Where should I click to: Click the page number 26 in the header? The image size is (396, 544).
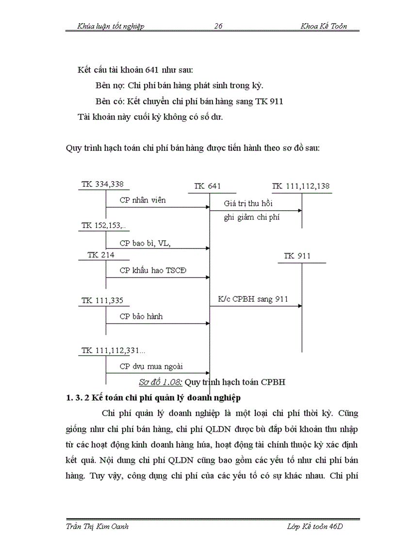pos(218,26)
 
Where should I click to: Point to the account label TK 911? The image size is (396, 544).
pos(297,256)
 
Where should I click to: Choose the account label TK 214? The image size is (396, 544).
pos(101,255)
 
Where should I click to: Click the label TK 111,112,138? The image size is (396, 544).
pos(301,186)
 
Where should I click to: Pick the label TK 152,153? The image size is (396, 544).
pos(103,225)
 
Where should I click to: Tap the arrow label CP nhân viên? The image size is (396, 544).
pos(143,200)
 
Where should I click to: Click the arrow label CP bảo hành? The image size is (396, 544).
pos(141,316)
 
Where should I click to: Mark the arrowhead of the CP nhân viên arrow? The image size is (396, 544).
pos(207,207)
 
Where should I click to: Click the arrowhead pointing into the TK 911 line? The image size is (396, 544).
pos(300,306)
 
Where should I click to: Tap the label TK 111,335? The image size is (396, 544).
pos(102,300)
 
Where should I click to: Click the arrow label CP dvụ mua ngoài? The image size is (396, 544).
pos(151,367)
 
